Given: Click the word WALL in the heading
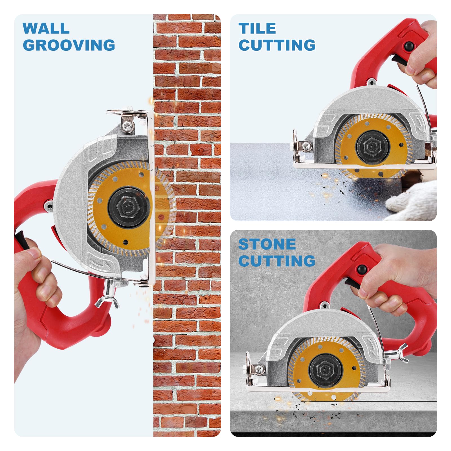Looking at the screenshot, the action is click(x=46, y=28).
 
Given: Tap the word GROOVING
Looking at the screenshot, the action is click(x=69, y=45).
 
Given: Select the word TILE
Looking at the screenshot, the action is click(x=257, y=28).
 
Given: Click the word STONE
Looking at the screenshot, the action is click(x=267, y=244).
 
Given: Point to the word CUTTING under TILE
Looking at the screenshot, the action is click(x=277, y=45).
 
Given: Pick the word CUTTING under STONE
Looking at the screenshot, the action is click(x=277, y=261).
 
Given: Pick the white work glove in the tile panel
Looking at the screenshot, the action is click(x=412, y=200).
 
